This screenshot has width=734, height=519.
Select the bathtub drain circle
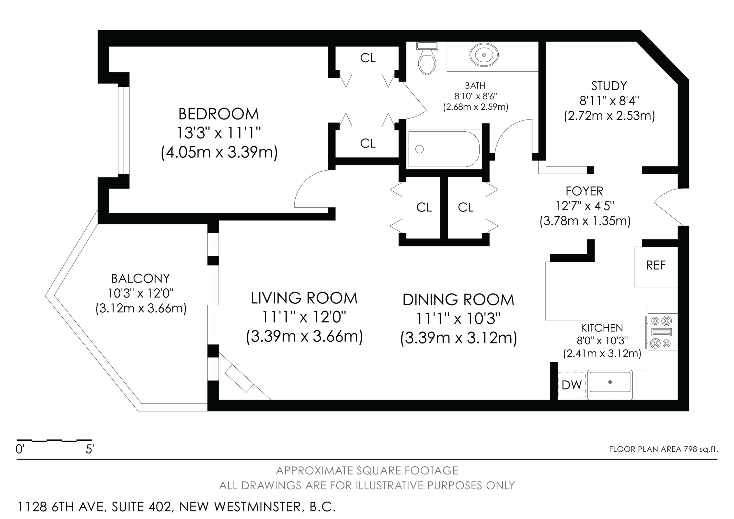pyautogui.click(x=419, y=149)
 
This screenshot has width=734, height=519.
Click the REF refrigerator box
pyautogui.click(x=656, y=266)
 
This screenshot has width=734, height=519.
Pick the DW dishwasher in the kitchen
pyautogui.click(x=572, y=385)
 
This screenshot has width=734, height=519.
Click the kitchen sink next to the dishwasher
pyautogui.click(x=610, y=382)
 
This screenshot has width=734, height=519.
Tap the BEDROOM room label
pyautogui.click(x=219, y=114)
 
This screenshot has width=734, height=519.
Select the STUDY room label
pyautogui.click(x=609, y=86)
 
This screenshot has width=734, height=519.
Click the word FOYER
pyautogui.click(x=585, y=191)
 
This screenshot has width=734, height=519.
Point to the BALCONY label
pyautogui.click(x=140, y=279)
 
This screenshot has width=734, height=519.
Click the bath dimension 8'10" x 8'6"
pyautogui.click(x=475, y=96)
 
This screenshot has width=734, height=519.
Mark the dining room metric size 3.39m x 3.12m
pyautogui.click(x=459, y=338)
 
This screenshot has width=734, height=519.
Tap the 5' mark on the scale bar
pyautogui.click(x=90, y=449)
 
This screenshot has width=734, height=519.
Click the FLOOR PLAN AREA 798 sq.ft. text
pyautogui.click(x=663, y=449)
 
